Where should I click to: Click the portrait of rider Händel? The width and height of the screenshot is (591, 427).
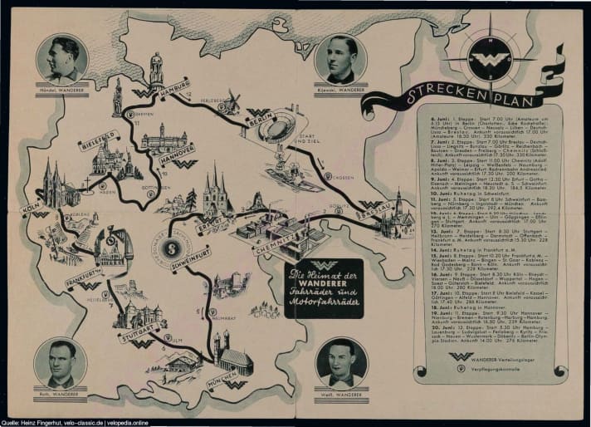click(63, 60)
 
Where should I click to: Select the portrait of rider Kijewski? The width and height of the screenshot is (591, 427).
click(340, 60)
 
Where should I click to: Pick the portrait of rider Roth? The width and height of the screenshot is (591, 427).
click(60, 362)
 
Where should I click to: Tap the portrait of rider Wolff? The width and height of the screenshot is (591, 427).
click(341, 362)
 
